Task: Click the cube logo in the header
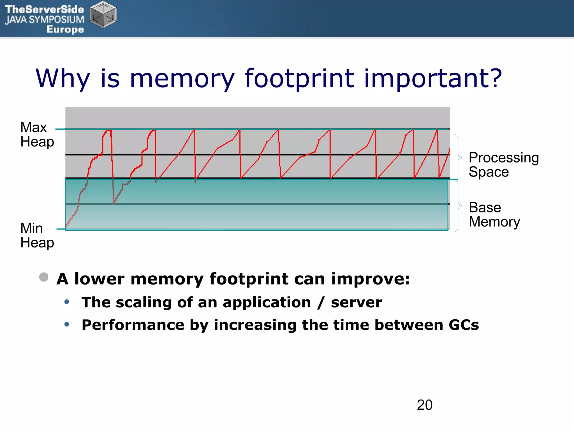(x=103, y=15)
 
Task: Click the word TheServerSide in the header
(x=44, y=9)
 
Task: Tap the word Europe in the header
(x=65, y=29)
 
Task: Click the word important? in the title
(x=432, y=79)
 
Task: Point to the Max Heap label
(x=37, y=135)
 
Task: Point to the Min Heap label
(x=37, y=235)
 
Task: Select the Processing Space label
(x=503, y=165)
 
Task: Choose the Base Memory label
(x=494, y=215)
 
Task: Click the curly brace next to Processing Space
(x=458, y=157)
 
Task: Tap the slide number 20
(x=424, y=405)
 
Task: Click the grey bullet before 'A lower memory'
(x=44, y=277)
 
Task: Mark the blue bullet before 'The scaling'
(x=67, y=302)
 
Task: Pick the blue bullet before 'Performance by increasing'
(x=67, y=324)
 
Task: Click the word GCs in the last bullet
(x=464, y=325)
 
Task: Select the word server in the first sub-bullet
(x=356, y=302)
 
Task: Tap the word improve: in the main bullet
(x=371, y=279)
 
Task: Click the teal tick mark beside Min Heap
(x=61, y=229)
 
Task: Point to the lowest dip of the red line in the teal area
(x=114, y=203)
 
